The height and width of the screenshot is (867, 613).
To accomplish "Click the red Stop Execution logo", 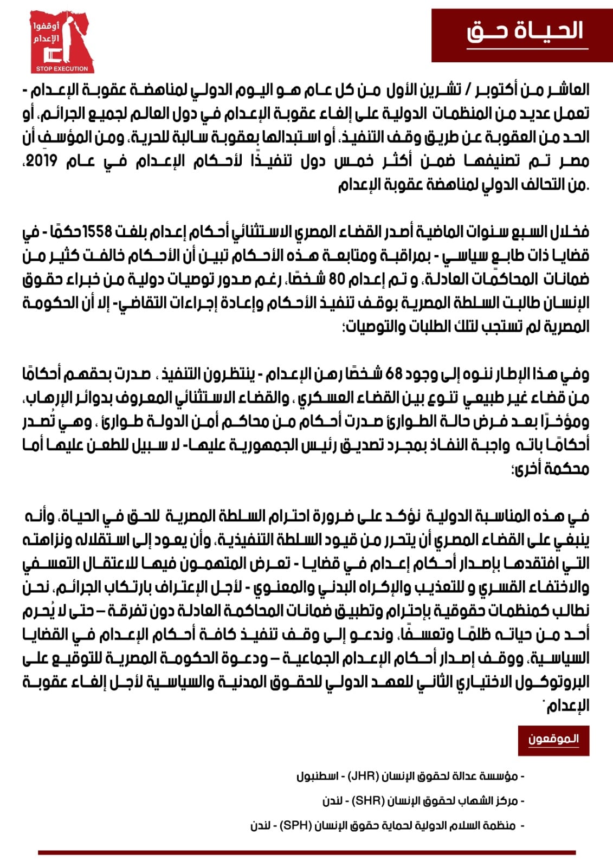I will click(62, 41).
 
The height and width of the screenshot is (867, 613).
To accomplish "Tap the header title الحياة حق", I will click(525, 31).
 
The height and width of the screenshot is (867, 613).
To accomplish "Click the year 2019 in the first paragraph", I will click(41, 161).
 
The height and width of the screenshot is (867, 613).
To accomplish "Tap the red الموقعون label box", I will click(553, 739).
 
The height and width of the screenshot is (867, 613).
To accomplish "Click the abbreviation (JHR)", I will click(362, 776).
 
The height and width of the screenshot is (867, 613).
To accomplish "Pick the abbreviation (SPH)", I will click(296, 826).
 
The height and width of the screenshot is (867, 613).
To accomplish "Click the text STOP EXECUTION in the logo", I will click(62, 69).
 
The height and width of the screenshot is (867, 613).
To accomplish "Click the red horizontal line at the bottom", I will click(306, 853).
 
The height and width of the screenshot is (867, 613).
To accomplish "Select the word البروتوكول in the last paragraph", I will click(553, 682).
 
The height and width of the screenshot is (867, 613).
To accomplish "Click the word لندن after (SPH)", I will click(260, 826).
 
